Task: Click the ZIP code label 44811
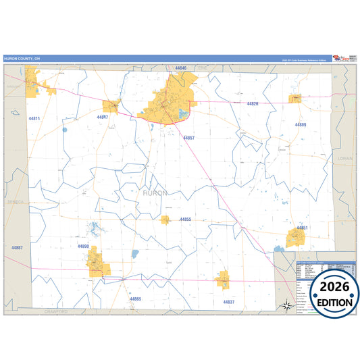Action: point(34,119)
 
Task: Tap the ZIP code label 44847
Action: point(103,117)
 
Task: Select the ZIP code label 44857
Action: point(188,138)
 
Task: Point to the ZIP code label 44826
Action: point(253,103)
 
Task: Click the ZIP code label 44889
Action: point(301,125)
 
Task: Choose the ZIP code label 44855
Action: point(185,220)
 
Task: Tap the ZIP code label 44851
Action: point(302,228)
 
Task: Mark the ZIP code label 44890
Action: point(84,247)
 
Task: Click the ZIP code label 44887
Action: point(17,248)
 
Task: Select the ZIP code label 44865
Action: point(136,299)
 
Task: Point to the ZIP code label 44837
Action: point(228,302)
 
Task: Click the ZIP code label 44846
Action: point(180,68)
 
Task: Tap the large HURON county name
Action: point(155,193)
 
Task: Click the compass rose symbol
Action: point(286,306)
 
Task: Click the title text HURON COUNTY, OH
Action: point(22,59)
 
